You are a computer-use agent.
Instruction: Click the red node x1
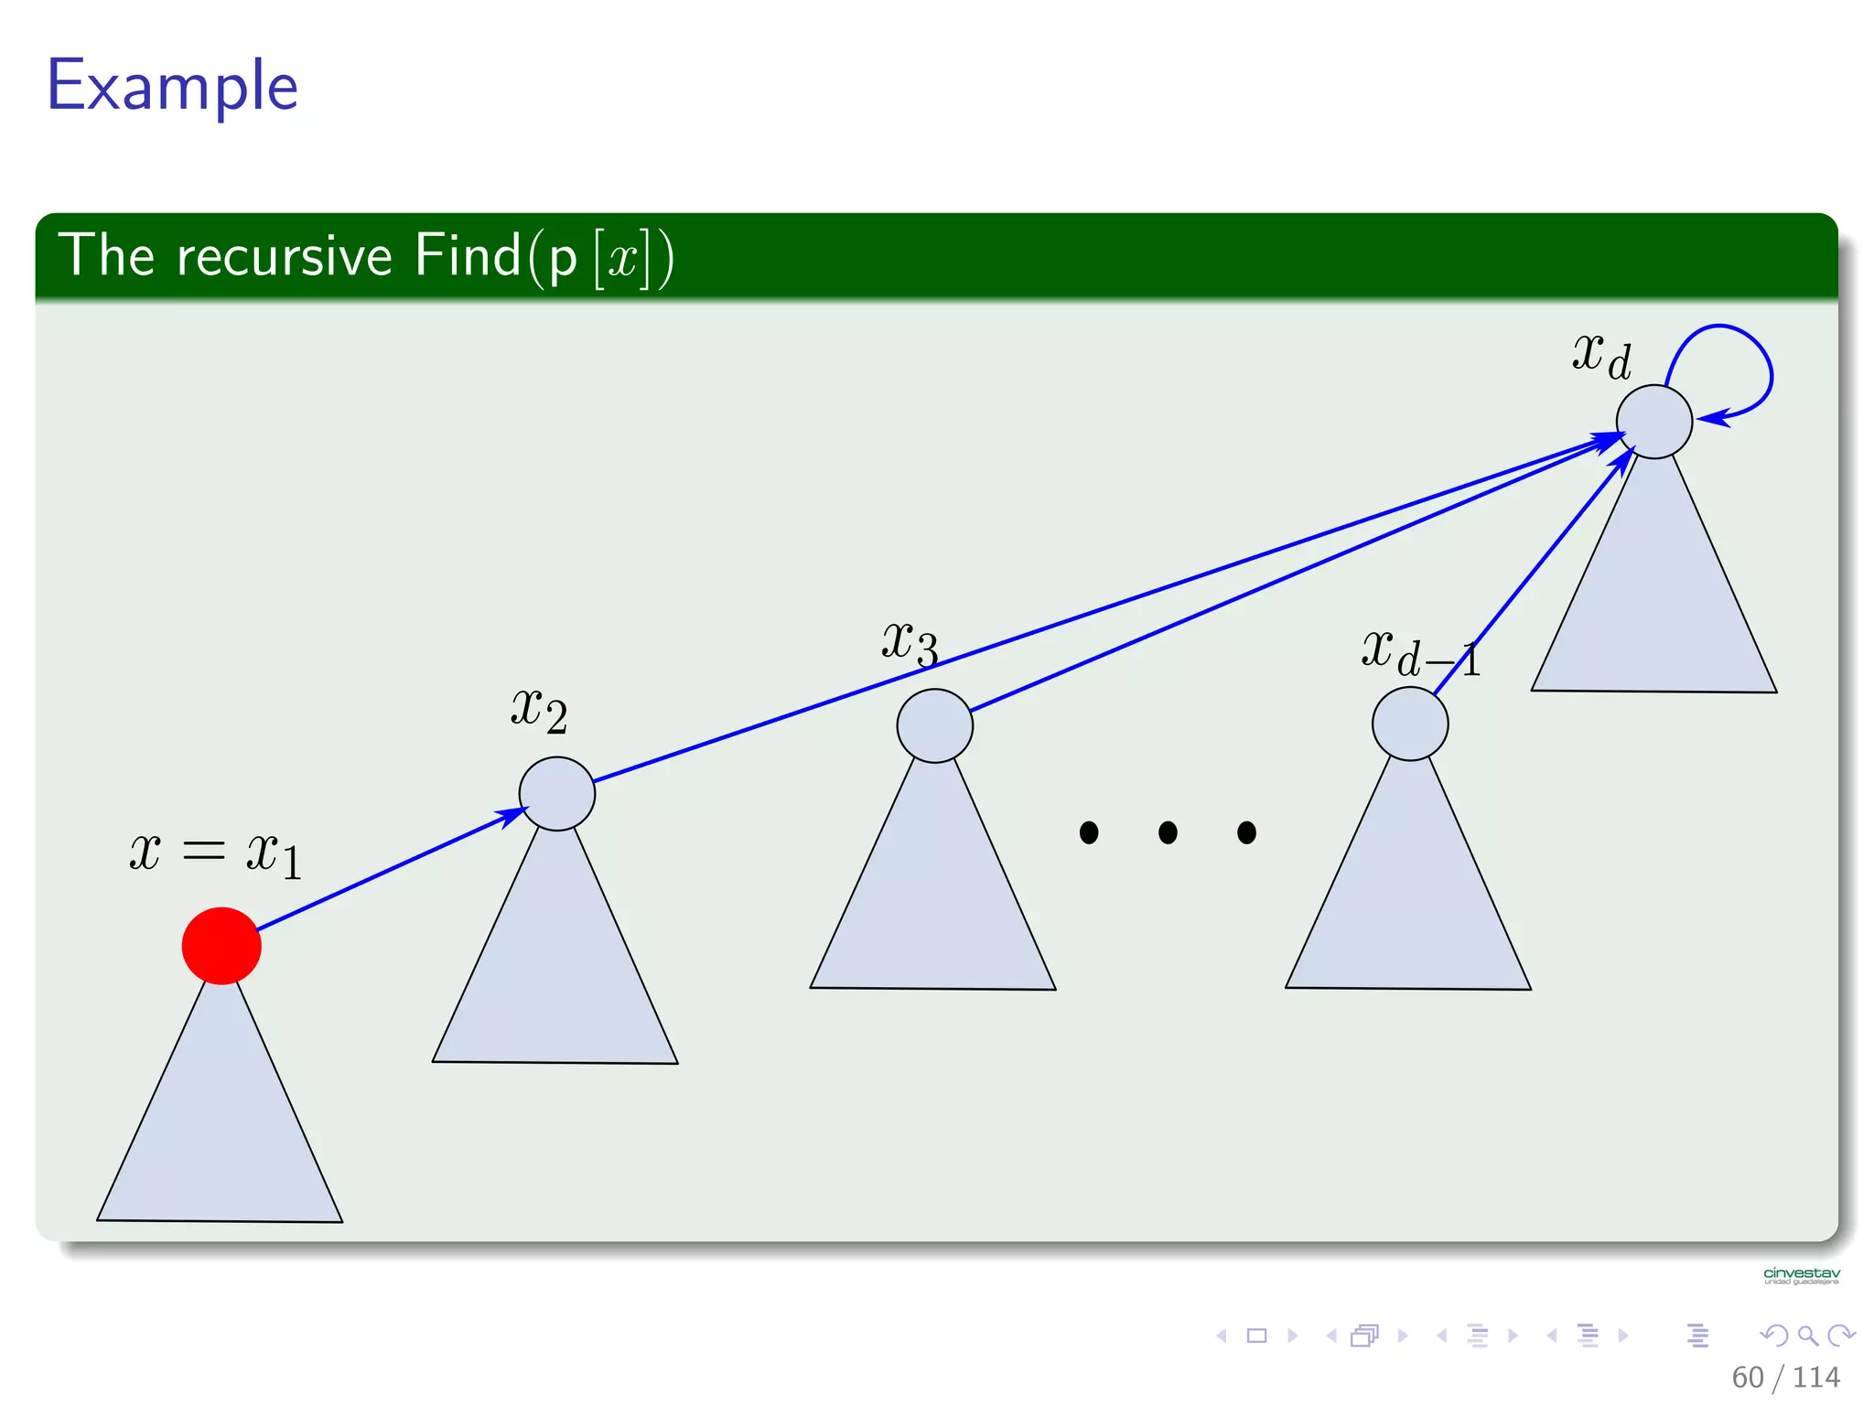click(x=221, y=946)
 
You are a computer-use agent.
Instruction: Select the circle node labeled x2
click(x=556, y=794)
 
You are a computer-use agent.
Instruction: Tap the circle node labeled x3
click(x=934, y=725)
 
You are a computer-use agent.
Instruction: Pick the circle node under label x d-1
click(x=1409, y=724)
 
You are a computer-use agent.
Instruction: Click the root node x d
click(x=1653, y=422)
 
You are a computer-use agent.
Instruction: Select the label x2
click(x=539, y=710)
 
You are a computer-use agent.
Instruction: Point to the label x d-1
click(x=1419, y=653)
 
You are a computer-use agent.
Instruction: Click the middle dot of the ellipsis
click(x=1168, y=832)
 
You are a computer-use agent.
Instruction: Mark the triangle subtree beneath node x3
click(x=933, y=906)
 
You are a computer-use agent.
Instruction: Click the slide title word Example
click(x=173, y=85)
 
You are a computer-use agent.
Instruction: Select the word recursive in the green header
click(x=284, y=255)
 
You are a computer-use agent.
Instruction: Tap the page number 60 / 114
click(x=1785, y=1377)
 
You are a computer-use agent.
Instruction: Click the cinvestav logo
click(x=1801, y=1275)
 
